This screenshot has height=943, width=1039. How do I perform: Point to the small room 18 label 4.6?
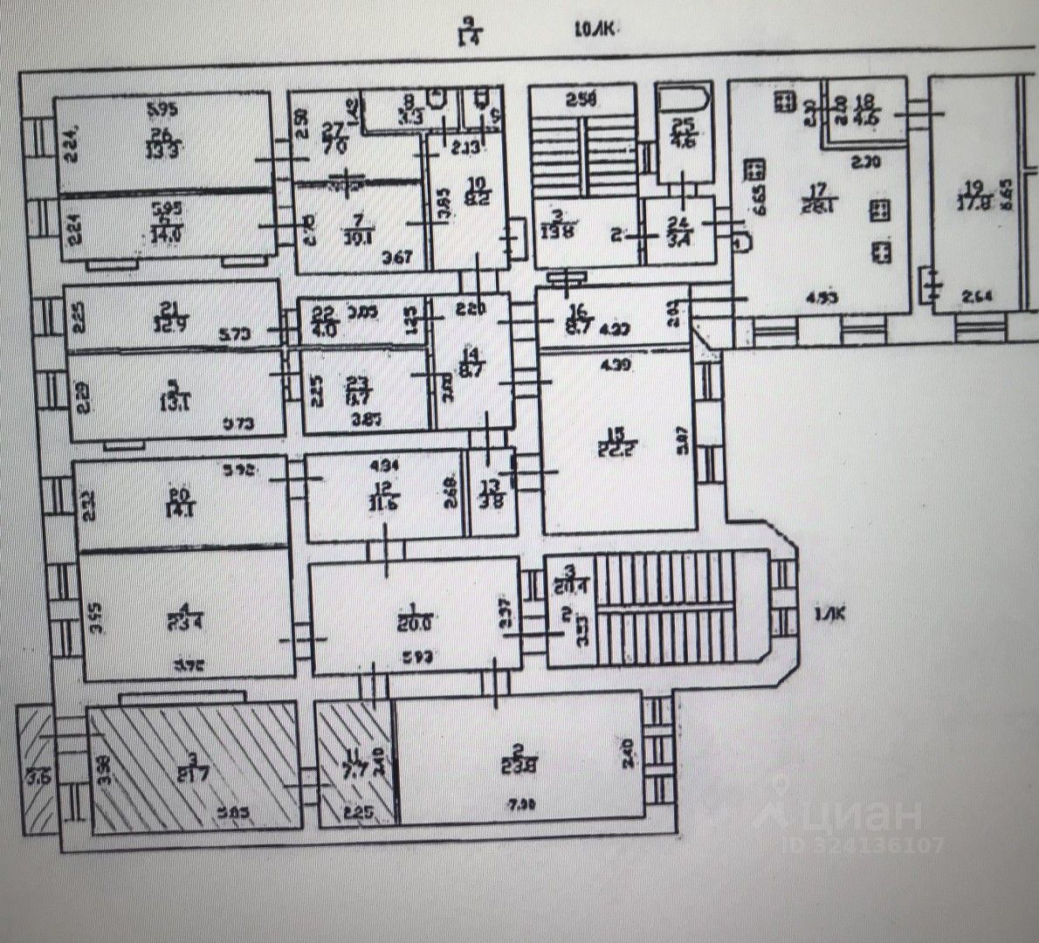pos(865,106)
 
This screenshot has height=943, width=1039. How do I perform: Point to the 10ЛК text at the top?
pos(595,31)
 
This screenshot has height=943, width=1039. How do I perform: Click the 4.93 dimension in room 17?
pos(803,297)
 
